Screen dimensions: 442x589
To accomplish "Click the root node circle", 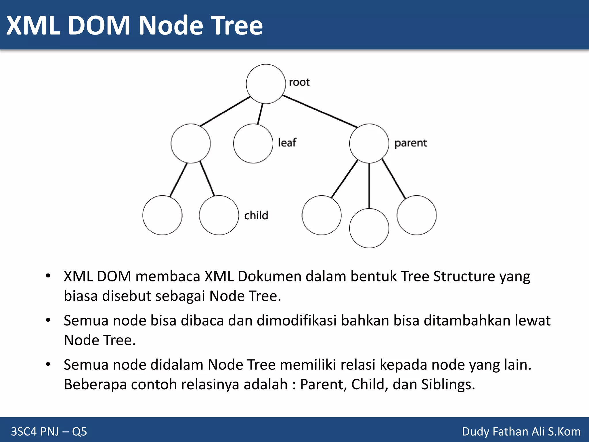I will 266,84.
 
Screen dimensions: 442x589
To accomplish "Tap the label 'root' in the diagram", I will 299,82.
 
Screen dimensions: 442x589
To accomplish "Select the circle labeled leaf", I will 253,143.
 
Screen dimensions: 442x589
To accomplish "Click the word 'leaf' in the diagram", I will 287,142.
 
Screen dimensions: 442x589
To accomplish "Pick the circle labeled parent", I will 369,143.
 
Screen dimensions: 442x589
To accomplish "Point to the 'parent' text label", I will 410,143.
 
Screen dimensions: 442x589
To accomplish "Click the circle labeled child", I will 219,215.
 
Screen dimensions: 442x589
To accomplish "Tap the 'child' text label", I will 256,215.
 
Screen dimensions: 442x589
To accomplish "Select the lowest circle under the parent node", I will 369,228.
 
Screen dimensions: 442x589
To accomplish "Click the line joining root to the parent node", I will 320,111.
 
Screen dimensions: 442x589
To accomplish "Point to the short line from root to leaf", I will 260,114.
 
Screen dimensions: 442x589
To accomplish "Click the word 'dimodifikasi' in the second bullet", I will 296,321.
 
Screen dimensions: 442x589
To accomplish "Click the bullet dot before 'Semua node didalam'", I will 48,364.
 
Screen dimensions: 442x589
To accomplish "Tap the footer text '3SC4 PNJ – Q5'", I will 49,431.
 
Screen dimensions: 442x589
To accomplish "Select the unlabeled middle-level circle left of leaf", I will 190,143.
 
